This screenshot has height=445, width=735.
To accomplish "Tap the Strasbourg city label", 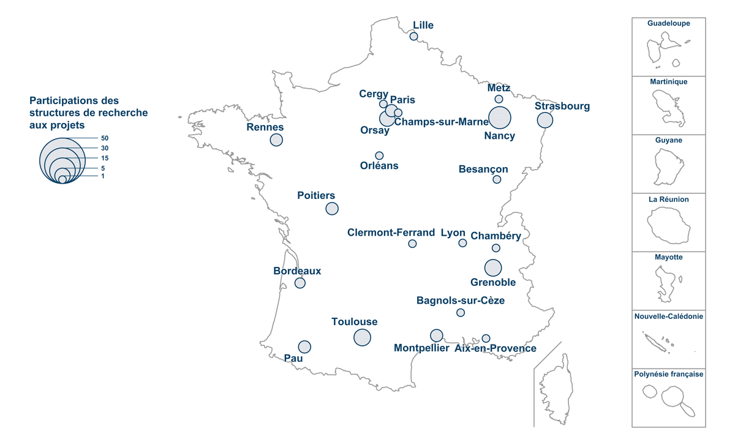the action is point(562,107).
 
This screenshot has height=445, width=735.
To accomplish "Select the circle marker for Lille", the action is point(414,37).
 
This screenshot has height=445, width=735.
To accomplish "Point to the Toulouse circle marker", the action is point(362,337).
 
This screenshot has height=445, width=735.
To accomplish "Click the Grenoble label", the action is point(493,283).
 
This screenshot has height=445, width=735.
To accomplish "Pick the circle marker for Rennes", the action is point(276,140).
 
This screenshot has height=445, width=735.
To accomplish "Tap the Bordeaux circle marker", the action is point(300,283).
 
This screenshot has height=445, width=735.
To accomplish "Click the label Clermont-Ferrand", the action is point(391,233).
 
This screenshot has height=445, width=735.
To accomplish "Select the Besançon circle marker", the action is point(497,179).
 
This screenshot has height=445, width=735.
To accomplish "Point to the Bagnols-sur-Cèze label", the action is point(461,301).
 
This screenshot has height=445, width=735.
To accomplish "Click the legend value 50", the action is point(105,138).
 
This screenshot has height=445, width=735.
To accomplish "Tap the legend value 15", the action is point(105,158).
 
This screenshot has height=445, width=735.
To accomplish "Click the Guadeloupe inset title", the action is point(669,23).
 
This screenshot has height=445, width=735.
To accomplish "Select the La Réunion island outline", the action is point(669,225).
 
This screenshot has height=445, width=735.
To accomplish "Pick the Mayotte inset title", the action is point(669,258).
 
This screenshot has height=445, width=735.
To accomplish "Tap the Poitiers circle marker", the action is point(332,208).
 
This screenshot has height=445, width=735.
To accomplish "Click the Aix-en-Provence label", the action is point(496,349).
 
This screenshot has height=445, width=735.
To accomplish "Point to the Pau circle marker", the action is point(304,346).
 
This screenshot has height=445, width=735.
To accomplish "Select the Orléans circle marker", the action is point(379,155).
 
